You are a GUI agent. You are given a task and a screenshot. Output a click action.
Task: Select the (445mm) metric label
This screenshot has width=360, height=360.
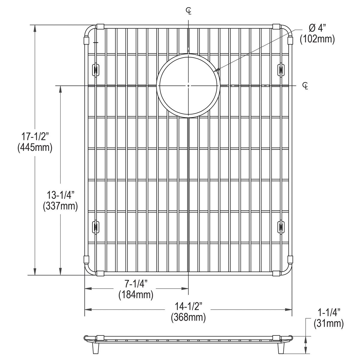point(35,147)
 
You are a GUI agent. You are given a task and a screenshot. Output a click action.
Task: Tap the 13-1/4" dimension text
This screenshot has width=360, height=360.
point(60,195)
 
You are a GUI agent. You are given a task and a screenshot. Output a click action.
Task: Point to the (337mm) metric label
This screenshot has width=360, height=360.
point(60,206)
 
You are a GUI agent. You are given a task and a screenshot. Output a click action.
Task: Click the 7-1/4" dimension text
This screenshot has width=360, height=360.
point(136,284)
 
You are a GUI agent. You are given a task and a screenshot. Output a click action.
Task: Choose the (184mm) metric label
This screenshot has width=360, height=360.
point(136,295)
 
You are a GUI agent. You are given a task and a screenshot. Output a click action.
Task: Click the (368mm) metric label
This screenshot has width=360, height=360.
point(188,317)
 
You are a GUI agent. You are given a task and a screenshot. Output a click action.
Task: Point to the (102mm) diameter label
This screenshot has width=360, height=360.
point(317,39)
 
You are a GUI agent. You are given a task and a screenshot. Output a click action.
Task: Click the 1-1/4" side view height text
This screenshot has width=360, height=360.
point(328,313)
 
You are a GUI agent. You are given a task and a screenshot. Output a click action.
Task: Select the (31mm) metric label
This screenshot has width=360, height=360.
point(328,323)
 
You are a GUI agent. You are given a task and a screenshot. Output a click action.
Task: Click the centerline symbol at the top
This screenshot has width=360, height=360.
point(188,11)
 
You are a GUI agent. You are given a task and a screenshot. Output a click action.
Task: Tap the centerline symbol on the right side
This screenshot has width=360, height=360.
point(305,86)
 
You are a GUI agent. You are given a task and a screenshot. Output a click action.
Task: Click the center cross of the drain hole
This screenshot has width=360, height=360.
point(188,86)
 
